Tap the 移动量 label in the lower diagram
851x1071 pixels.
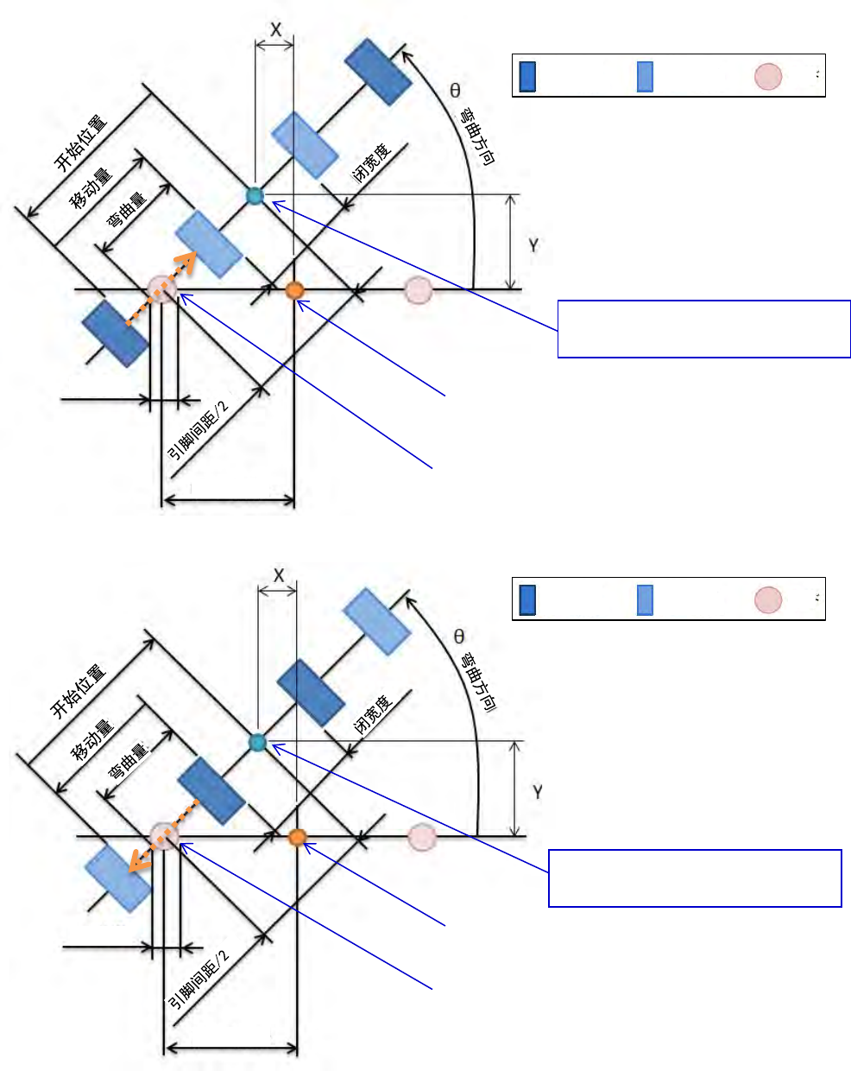pyautogui.click(x=93, y=740)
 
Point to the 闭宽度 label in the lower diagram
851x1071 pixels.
pyautogui.click(x=374, y=714)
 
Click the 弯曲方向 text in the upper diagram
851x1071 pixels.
pyautogui.click(x=477, y=136)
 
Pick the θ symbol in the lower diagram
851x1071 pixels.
pyautogui.click(x=458, y=637)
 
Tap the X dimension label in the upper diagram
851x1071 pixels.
pyautogui.click(x=276, y=30)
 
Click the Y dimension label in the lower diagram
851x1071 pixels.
pyautogui.click(x=538, y=791)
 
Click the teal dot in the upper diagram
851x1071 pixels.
pyautogui.click(x=254, y=195)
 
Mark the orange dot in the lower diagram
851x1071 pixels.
pyautogui.click(x=298, y=837)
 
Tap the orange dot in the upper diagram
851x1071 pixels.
pyautogui.click(x=294, y=290)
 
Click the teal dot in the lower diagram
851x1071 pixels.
pyautogui.click(x=257, y=742)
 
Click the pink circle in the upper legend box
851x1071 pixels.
pyautogui.click(x=768, y=76)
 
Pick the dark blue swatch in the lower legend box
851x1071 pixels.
pyautogui.click(x=527, y=599)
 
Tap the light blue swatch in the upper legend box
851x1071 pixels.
pyautogui.click(x=645, y=76)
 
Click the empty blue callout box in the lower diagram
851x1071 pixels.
pyautogui.click(x=695, y=878)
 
